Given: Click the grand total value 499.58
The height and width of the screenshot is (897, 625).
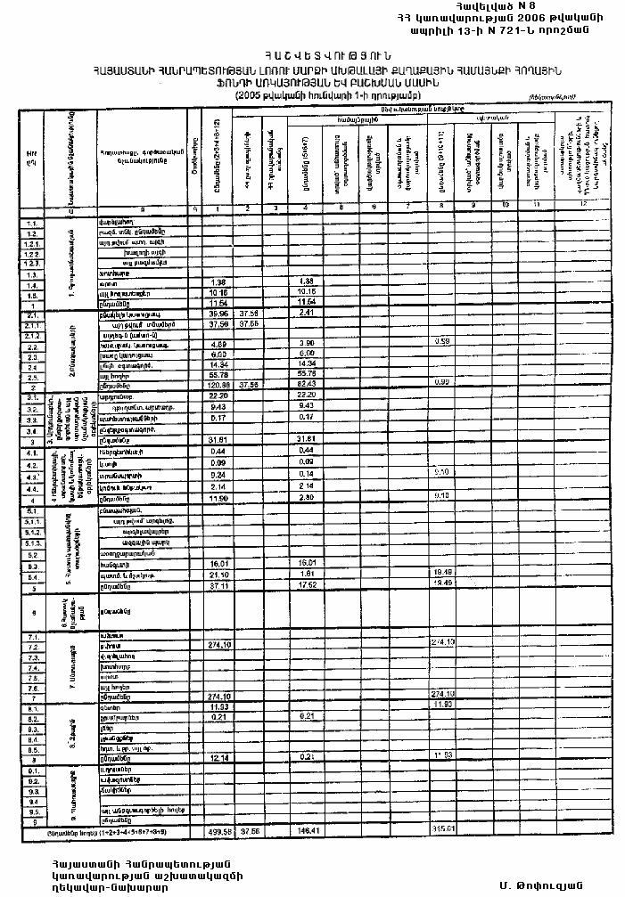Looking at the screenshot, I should [218, 831].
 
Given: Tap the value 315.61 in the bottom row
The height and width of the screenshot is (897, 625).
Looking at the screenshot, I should [443, 831].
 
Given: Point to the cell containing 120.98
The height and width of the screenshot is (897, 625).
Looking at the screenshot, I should [218, 385].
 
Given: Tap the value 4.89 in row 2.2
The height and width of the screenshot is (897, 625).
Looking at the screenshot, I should [218, 344].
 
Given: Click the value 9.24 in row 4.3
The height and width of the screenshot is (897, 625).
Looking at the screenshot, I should [218, 475].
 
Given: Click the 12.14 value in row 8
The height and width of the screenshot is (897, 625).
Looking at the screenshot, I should [218, 758].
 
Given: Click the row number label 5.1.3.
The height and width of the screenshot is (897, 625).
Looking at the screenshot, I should [32, 542].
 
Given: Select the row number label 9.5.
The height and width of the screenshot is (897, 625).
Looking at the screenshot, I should [32, 811].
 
